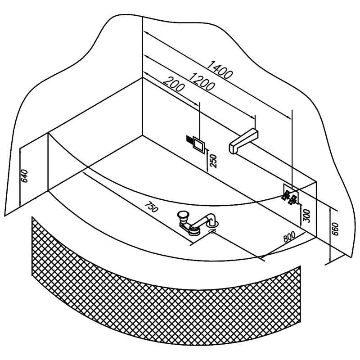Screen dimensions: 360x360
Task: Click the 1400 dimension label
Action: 220,70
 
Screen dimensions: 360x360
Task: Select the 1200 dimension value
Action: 202,81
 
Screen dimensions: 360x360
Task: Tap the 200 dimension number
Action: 173,84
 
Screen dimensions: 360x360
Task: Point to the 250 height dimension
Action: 213,161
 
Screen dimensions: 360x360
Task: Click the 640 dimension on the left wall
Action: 24,176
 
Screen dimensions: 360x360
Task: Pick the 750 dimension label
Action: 152,207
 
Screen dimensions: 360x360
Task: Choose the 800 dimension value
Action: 289,237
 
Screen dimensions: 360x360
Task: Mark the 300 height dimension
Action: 306,216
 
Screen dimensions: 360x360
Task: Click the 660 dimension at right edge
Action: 335,229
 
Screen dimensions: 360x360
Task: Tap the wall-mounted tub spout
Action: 243,141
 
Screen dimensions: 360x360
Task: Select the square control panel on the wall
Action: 198,144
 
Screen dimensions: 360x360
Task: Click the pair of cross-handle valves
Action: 289,198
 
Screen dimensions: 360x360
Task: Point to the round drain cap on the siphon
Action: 183,215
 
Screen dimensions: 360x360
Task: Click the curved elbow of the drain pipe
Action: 211,218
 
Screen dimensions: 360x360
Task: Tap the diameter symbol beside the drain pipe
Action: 212,231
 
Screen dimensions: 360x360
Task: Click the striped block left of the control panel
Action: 189,139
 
